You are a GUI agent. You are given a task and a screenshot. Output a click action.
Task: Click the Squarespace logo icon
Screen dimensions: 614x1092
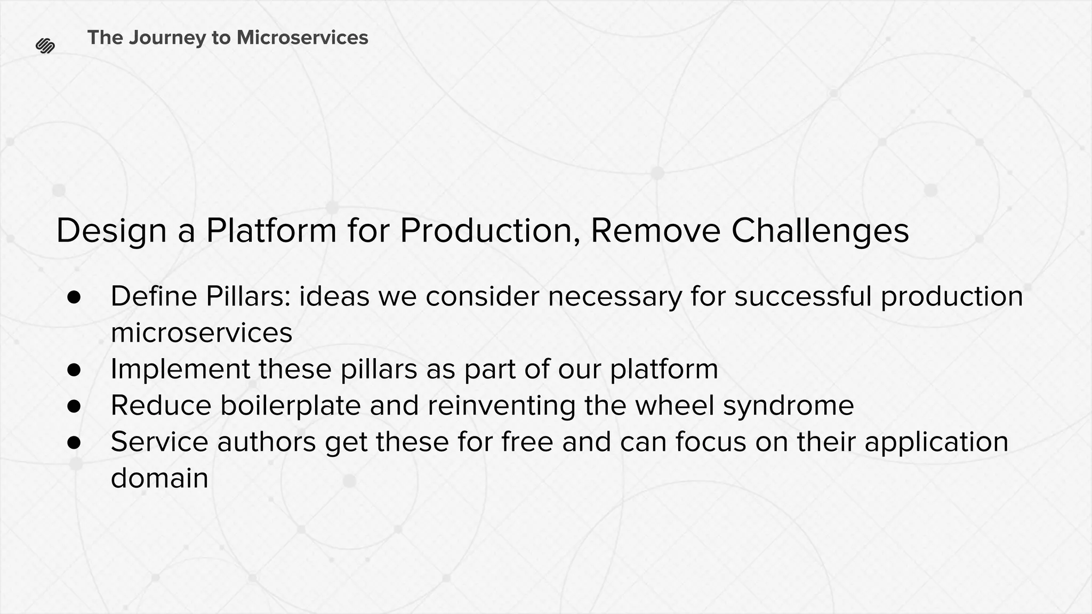[45, 46]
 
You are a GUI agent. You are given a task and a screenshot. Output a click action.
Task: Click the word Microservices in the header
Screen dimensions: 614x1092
[302, 37]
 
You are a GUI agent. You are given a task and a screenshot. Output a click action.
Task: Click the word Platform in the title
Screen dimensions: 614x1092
[271, 230]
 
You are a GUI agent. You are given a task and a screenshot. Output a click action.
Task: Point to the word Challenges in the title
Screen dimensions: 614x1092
[820, 231]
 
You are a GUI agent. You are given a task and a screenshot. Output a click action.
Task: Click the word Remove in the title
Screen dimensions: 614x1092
[655, 230]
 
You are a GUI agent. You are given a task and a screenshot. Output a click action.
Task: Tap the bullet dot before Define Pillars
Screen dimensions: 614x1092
[74, 297]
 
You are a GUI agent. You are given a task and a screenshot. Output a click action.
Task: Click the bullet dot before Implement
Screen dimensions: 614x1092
[74, 370]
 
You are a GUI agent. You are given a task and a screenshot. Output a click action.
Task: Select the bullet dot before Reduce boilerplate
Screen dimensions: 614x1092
[74, 406]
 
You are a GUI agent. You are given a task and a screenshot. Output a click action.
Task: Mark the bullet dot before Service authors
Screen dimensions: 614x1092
[74, 442]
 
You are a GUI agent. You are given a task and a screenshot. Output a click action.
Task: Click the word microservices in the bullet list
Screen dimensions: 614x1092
[202, 333]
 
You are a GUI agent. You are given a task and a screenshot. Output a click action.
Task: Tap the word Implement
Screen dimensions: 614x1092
[180, 369]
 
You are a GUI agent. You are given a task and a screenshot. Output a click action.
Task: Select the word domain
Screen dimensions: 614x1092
[159, 478]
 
